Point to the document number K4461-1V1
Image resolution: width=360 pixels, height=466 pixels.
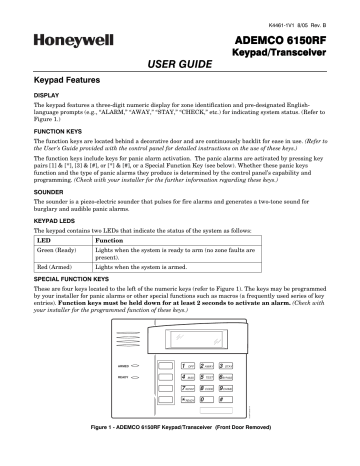coord(297,9)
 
